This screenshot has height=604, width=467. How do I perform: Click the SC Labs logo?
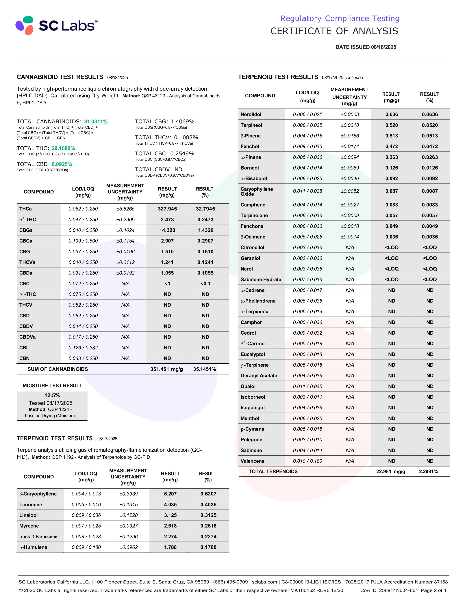[x=56, y=25]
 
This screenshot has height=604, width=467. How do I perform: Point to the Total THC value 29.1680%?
[x=63, y=148]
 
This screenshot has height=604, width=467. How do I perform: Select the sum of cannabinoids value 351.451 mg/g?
[x=166, y=369]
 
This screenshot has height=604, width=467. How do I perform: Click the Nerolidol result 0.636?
[x=392, y=114]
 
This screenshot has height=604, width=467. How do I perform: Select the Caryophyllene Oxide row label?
[x=256, y=191]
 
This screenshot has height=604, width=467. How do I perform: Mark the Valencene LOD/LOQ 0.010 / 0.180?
[x=307, y=461]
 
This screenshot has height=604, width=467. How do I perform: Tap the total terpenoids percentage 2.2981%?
[x=428, y=471]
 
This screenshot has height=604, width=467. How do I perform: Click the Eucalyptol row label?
[x=253, y=354]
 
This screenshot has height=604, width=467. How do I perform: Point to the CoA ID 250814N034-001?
[x=398, y=590]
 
